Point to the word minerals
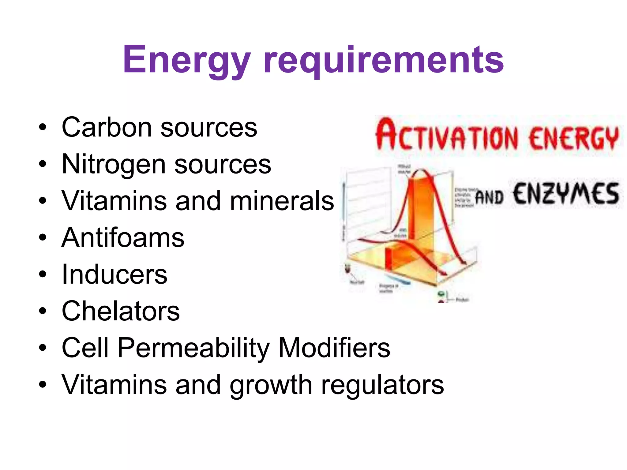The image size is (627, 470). pos(282,201)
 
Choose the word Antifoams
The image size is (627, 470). pos(123,238)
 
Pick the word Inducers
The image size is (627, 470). pos(115,274)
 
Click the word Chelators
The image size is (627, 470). pos(121,311)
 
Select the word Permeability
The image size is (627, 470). pos(193,348)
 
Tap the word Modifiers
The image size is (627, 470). pos(334,348)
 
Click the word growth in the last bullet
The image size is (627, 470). pos(271,385)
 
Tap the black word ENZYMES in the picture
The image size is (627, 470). pos(566,194)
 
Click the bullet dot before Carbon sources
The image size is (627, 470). pos(43,128)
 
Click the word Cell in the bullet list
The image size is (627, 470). pos(85,348)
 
